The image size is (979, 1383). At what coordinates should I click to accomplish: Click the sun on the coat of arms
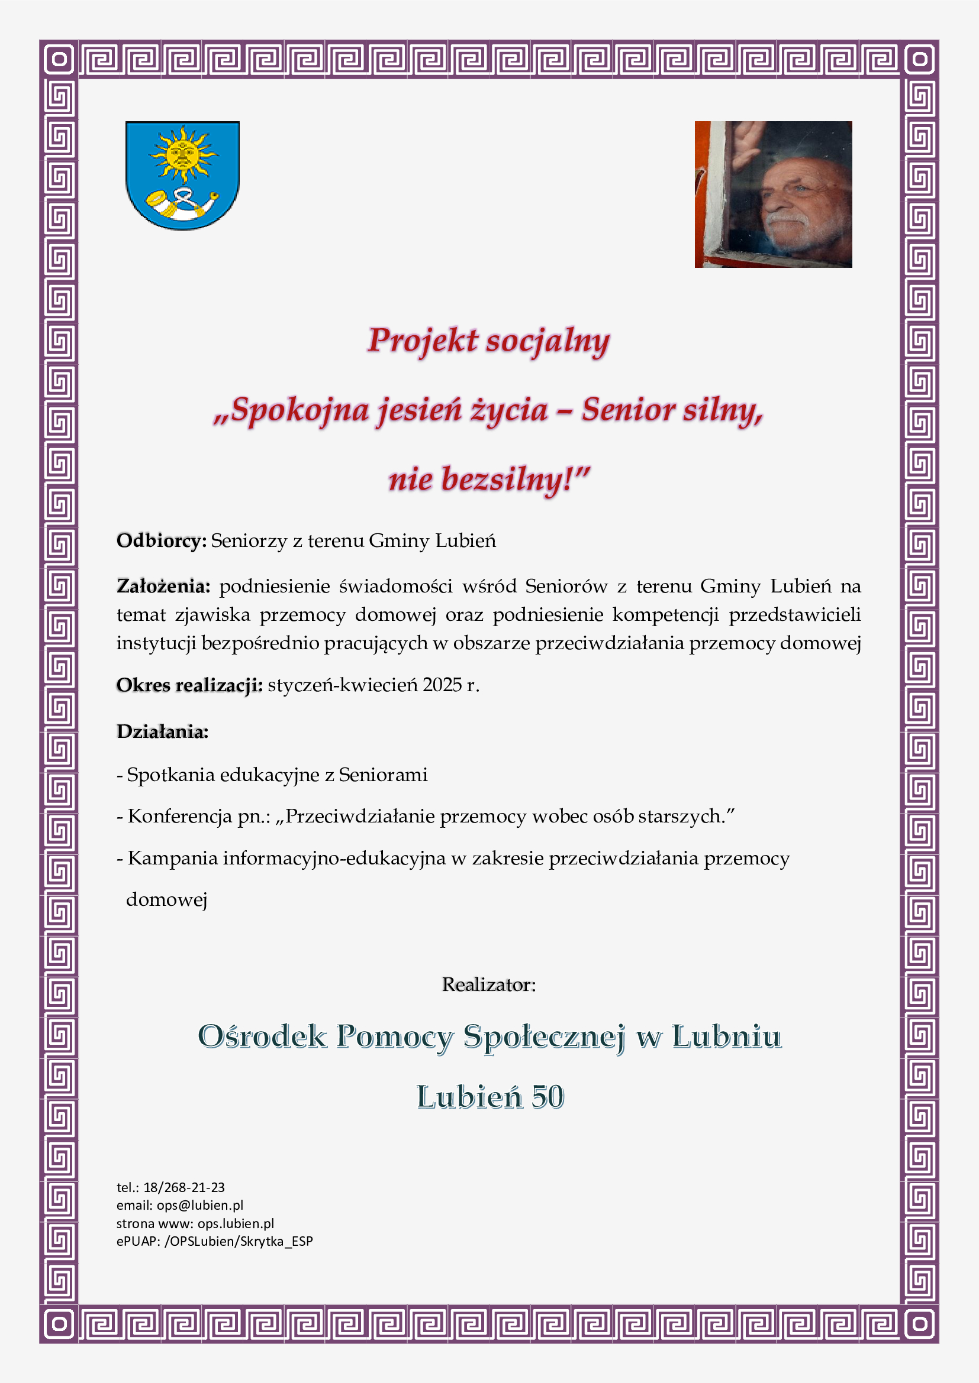click(183, 154)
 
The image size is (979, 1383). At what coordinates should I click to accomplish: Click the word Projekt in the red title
click(423, 341)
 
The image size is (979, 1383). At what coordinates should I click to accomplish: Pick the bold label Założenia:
click(163, 586)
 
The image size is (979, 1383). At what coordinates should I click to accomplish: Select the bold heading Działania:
click(162, 732)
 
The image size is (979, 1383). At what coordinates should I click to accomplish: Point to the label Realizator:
click(489, 985)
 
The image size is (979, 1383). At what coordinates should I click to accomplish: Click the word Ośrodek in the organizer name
click(262, 1037)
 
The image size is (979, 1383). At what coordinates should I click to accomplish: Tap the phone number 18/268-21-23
click(184, 1187)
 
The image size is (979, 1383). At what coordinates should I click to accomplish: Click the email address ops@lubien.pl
click(200, 1205)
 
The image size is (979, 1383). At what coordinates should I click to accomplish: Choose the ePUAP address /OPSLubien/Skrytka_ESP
click(239, 1241)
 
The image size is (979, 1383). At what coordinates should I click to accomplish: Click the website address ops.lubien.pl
click(236, 1223)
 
